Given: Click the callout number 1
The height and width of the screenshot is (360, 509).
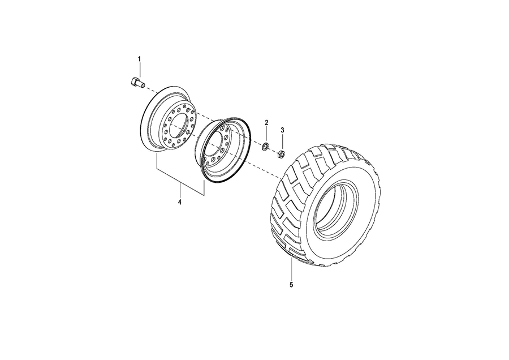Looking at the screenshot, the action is pyautogui.click(x=140, y=59).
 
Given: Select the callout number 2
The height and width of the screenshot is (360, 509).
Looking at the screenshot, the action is pyautogui.click(x=266, y=122).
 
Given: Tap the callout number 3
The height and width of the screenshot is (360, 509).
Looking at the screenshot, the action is pyautogui.click(x=282, y=130).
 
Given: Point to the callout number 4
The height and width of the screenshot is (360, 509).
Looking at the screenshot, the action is pyautogui.click(x=179, y=202).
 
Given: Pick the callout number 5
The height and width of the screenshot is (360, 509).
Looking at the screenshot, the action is pyautogui.click(x=291, y=285).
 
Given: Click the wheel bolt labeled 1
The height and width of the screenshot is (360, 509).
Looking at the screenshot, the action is pyautogui.click(x=135, y=82).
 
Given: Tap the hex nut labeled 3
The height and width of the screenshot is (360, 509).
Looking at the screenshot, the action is pyautogui.click(x=281, y=153).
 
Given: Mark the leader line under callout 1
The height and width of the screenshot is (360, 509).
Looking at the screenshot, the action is pyautogui.click(x=140, y=69).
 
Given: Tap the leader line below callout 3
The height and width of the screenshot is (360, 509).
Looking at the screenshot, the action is pyautogui.click(x=282, y=142).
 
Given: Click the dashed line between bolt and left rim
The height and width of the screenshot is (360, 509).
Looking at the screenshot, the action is pyautogui.click(x=150, y=89).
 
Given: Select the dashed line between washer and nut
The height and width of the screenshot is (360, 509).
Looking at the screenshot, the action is pyautogui.click(x=273, y=150).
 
